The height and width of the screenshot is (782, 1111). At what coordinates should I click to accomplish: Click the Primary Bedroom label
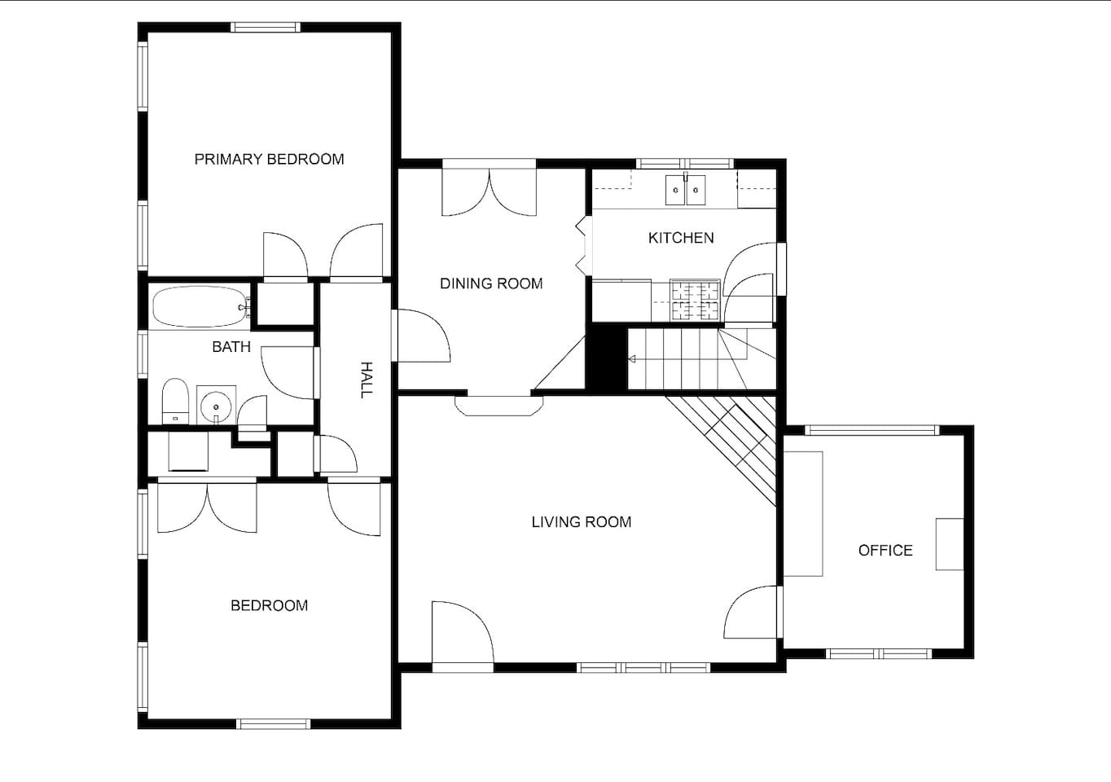point(269,159)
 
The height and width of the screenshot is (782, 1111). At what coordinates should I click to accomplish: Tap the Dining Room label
point(491,283)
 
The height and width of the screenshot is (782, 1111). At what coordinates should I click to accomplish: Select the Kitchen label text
point(681,238)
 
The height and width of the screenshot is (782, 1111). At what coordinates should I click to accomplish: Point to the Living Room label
point(582,522)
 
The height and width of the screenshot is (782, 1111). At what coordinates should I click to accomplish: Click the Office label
point(885,551)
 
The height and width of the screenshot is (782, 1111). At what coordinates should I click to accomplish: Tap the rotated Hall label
point(366,380)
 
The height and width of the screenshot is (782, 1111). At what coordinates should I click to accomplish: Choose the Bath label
point(231,347)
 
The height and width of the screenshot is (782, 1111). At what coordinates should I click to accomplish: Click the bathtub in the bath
point(200,307)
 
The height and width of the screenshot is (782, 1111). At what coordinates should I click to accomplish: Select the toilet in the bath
point(176,401)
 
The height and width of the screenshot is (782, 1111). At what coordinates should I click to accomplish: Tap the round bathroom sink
point(216,406)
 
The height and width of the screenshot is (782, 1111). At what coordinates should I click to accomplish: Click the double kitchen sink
point(685,190)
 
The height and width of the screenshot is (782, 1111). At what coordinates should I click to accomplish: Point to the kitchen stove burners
point(695,300)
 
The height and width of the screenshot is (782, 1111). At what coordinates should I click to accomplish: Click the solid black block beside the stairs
point(607,358)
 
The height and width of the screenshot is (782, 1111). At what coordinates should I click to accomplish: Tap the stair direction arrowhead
point(632,358)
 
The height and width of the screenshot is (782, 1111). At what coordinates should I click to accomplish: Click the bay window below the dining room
point(499,406)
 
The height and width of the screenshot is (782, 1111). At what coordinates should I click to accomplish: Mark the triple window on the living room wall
point(643,668)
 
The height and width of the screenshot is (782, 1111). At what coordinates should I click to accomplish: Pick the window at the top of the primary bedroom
point(266,27)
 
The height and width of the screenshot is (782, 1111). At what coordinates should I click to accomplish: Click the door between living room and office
point(751,612)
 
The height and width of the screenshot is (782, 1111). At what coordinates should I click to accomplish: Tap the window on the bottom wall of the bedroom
point(274,724)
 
